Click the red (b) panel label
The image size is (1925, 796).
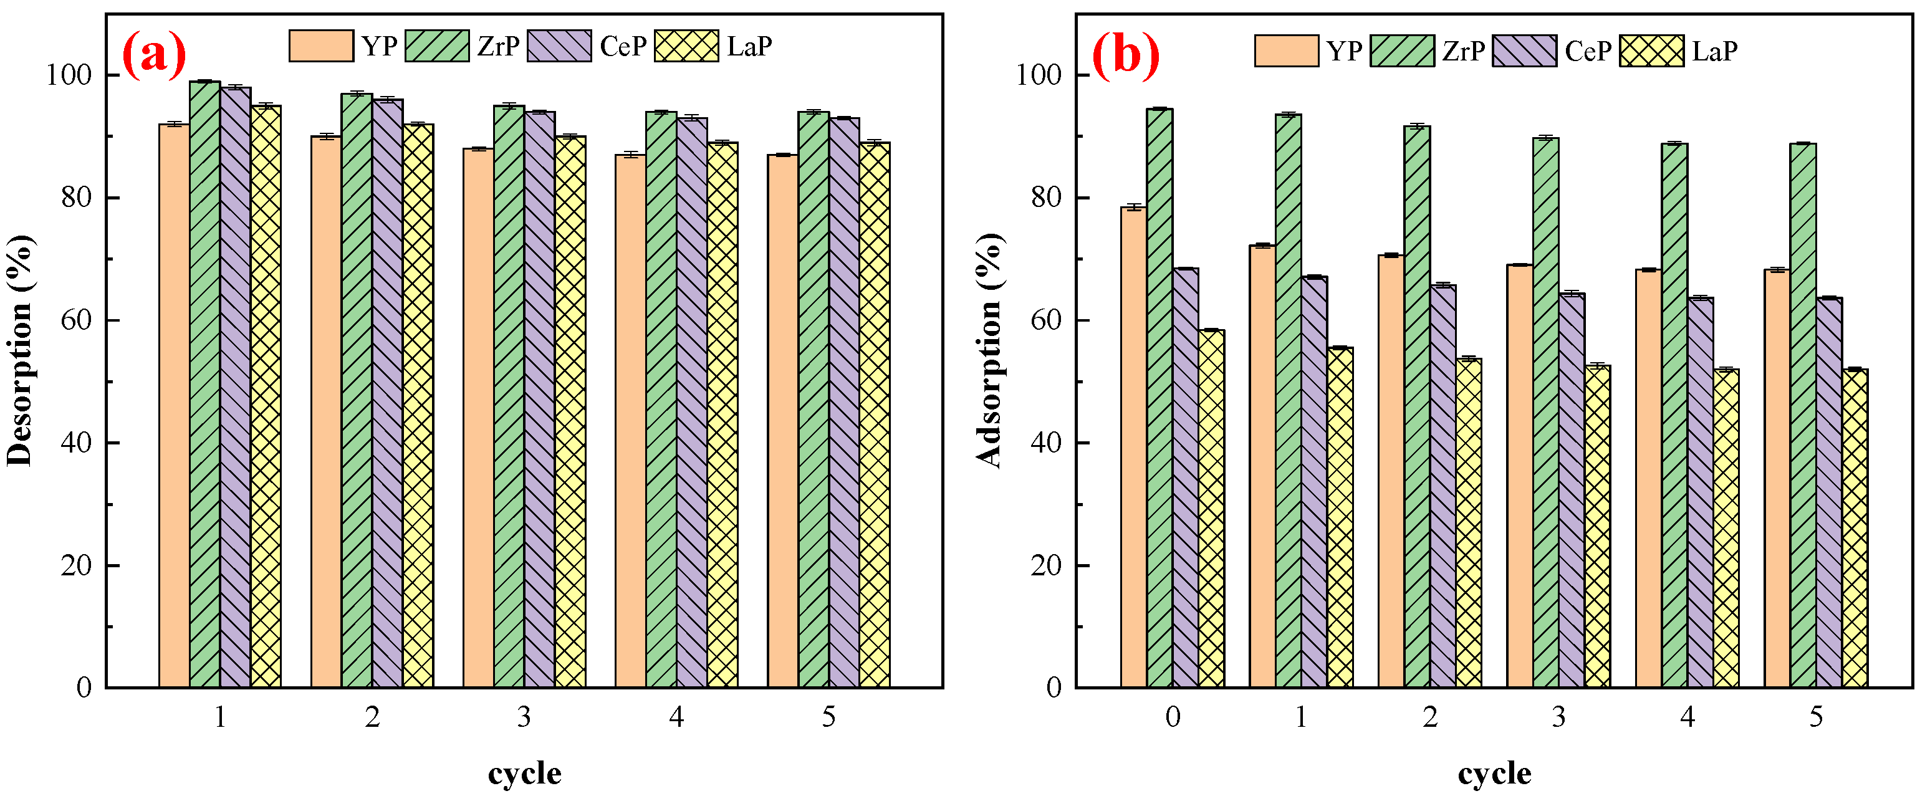click(x=1125, y=55)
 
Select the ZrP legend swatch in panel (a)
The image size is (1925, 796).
click(x=437, y=46)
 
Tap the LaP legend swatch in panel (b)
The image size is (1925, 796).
click(x=1651, y=51)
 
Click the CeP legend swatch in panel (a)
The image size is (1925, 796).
click(x=559, y=46)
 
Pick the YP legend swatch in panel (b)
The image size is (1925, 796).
click(x=1286, y=51)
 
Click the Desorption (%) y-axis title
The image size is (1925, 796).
click(x=20, y=350)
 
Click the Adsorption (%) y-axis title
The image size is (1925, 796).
click(x=989, y=350)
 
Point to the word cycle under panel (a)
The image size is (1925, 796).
click(x=525, y=773)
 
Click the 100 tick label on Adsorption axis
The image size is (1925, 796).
click(x=1039, y=75)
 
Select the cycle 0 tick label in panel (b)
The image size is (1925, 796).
click(x=1173, y=717)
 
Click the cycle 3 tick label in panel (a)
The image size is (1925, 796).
click(x=524, y=717)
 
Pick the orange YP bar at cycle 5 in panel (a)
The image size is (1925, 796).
click(x=782, y=418)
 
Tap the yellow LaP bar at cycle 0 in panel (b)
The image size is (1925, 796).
click(x=1211, y=508)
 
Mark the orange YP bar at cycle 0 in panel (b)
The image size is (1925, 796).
click(x=1134, y=448)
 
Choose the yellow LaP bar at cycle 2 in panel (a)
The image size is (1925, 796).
click(x=418, y=403)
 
